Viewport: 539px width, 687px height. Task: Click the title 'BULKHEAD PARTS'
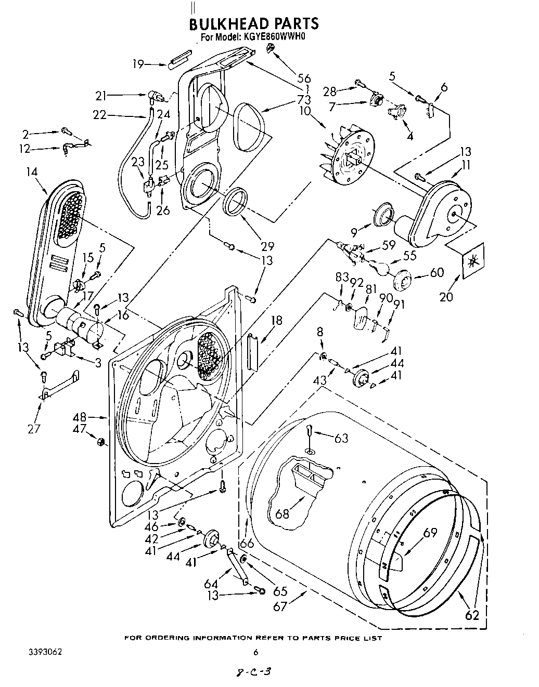point(253,24)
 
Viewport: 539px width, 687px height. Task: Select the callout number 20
point(446,297)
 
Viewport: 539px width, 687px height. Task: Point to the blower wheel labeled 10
point(349,155)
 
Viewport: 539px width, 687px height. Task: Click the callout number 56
point(303,78)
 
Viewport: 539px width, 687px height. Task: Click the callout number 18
point(276,320)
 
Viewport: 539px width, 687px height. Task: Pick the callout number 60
point(437,273)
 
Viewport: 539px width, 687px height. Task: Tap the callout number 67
point(280,606)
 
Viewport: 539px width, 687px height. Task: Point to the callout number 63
point(341,439)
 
